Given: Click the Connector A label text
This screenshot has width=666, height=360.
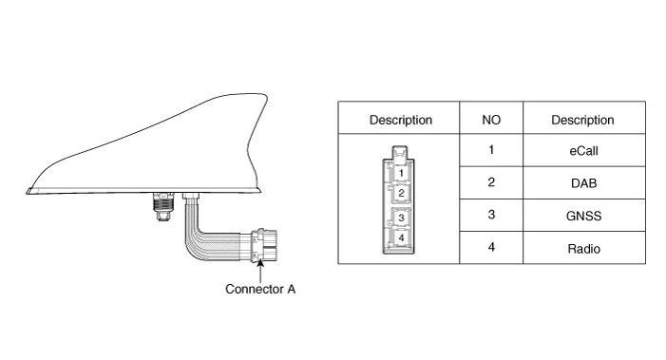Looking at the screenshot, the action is point(260,289).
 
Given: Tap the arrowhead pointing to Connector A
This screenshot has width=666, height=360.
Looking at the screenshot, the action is point(260,263).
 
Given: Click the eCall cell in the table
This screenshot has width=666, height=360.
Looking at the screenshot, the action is point(583,151).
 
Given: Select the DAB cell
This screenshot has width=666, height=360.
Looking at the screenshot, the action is point(583,183).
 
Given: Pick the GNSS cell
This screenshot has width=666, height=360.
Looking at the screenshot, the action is point(583,216).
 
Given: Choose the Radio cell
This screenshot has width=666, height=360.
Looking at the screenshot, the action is point(583,248).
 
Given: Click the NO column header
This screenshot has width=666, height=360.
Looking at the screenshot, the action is point(491,120).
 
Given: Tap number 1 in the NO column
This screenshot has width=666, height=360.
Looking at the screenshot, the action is point(491,150).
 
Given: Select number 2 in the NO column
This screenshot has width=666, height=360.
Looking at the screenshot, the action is point(491,182).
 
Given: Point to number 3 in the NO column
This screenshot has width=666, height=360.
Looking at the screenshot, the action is point(491,215).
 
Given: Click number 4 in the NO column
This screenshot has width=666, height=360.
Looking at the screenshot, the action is point(491,247).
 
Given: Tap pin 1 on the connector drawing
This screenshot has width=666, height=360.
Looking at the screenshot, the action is point(401,173).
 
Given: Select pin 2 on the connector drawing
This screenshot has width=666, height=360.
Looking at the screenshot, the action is point(401,193).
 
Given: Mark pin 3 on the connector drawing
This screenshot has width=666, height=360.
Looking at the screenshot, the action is point(401,218).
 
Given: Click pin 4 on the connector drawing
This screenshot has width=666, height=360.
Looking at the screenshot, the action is point(401,237).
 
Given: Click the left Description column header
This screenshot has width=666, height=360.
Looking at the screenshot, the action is point(401,120).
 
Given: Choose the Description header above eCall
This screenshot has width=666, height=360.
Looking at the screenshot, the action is point(582,120).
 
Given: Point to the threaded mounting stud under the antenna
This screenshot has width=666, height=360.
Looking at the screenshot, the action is point(163,207).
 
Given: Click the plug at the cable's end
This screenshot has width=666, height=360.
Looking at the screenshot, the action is point(264,245).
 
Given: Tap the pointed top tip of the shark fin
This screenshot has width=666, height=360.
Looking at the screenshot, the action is point(265,95).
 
